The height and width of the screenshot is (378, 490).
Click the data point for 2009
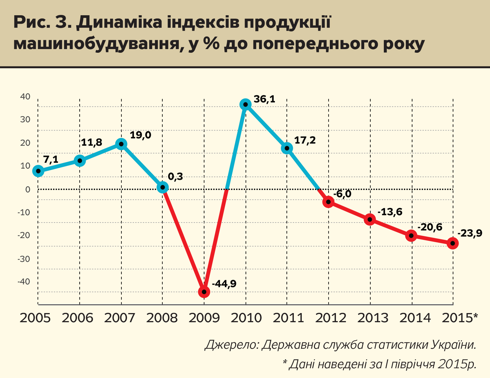tap(204, 292)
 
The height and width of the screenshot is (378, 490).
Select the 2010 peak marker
tap(245, 105)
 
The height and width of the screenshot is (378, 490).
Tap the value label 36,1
tap(265, 99)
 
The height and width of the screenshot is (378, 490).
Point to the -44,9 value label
tap(224, 284)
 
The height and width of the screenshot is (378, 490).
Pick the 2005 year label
tap(35, 318)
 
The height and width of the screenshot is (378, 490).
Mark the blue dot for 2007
tap(121, 144)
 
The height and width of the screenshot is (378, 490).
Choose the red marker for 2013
tap(370, 219)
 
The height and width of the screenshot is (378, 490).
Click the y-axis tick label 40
tap(25, 97)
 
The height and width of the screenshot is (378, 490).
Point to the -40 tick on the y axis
tap(23, 281)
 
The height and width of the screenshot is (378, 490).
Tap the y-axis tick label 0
tap(28, 189)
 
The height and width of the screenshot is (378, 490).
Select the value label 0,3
tap(175, 177)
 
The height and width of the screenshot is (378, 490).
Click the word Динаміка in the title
tap(119, 23)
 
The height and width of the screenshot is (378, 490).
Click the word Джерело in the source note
tap(232, 345)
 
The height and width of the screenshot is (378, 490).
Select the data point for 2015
tap(452, 243)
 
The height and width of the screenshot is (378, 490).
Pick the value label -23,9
tap(470, 234)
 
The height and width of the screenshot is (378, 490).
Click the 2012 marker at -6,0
tap(328, 202)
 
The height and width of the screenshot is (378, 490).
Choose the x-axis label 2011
tap(288, 318)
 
